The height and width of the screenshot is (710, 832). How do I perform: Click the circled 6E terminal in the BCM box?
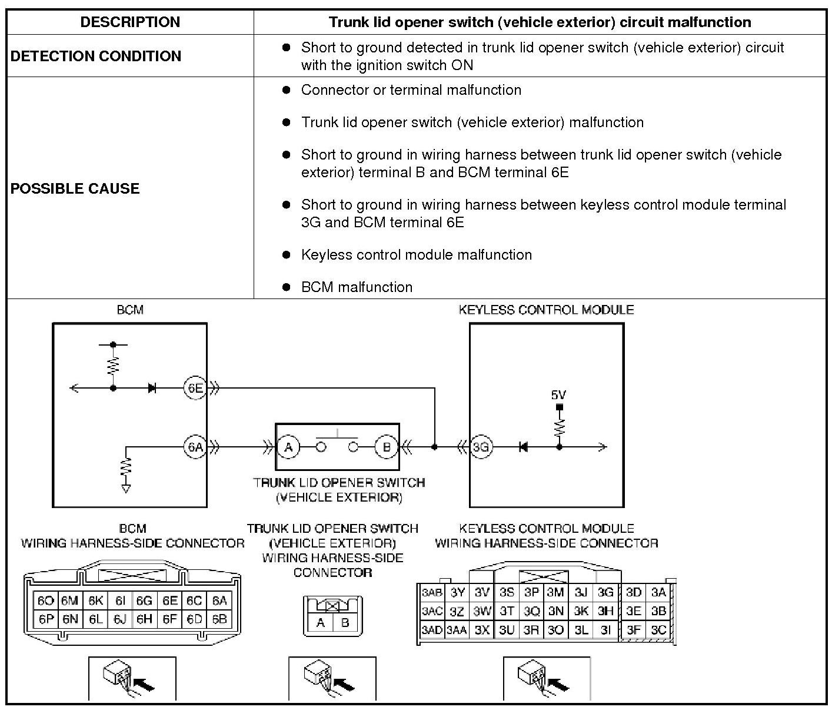[x=195, y=388]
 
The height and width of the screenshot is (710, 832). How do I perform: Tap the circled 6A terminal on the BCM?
[x=195, y=447]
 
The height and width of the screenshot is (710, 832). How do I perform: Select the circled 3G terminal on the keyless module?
[x=481, y=447]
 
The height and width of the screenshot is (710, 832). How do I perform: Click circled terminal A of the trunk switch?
[x=288, y=447]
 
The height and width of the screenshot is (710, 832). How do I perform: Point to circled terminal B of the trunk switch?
[x=387, y=447]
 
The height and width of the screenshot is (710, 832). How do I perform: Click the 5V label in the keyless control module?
[x=558, y=395]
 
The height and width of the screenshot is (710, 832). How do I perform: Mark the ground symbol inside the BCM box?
[x=125, y=488]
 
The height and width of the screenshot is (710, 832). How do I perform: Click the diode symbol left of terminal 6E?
[x=152, y=388]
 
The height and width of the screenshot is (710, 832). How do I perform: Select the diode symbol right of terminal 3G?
[x=523, y=447]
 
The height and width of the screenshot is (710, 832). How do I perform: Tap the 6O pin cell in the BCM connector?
[x=45, y=600]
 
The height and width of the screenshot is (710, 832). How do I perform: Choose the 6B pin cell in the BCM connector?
[x=219, y=619]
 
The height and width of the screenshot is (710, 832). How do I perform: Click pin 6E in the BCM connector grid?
[x=170, y=600]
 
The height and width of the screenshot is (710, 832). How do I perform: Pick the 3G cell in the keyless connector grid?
[x=605, y=592]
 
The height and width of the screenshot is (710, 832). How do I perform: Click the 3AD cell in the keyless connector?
[x=432, y=630]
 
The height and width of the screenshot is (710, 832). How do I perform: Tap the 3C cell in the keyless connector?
[x=658, y=630]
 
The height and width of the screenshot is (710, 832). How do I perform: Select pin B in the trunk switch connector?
[x=345, y=622]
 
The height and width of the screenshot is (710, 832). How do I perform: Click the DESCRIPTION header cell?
[x=130, y=22]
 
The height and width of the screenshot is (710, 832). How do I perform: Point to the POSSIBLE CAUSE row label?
[x=75, y=188]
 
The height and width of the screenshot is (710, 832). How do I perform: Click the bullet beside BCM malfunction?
[x=287, y=287]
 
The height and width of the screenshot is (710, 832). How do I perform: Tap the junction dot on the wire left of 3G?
[x=434, y=447]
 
